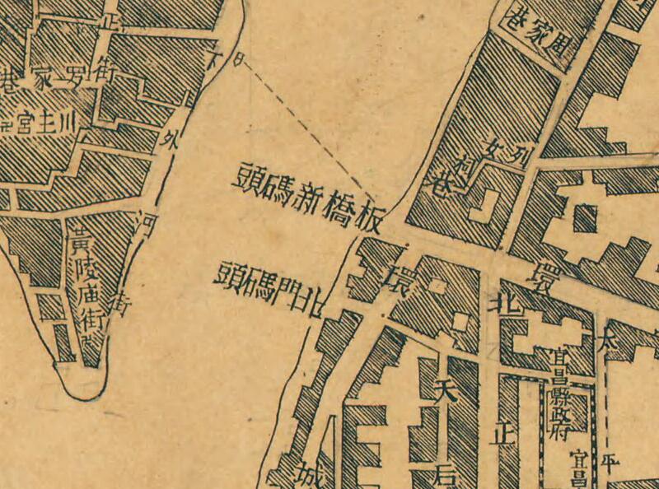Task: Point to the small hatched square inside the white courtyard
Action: [585, 218]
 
